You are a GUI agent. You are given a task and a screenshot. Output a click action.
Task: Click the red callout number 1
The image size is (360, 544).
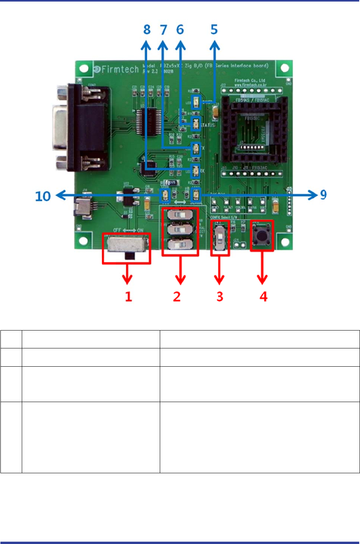[128, 297]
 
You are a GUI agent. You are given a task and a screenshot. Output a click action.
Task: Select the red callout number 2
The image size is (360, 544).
[177, 297]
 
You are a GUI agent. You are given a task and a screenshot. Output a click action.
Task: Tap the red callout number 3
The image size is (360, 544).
[220, 297]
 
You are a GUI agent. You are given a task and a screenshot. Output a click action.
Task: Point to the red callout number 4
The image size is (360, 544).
[264, 297]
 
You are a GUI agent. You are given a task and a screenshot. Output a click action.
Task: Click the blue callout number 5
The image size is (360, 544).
[214, 30]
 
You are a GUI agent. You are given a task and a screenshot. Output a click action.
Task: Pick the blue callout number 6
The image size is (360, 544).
[180, 30]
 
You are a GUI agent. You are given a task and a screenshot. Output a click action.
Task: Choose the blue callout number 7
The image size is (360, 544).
[164, 30]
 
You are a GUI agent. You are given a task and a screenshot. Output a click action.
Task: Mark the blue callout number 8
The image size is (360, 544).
[147, 30]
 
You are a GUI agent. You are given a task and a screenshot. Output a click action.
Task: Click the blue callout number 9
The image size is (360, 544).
[323, 195]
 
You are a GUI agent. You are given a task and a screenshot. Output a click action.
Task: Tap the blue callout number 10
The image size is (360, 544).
[43, 196]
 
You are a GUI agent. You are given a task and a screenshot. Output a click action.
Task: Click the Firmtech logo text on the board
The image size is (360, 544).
[117, 69]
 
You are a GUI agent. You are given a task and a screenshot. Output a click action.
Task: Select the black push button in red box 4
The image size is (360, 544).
[262, 235]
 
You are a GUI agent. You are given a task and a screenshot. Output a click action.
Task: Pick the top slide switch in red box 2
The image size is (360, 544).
[180, 215]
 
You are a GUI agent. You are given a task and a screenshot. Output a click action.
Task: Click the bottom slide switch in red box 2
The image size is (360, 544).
[180, 245]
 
